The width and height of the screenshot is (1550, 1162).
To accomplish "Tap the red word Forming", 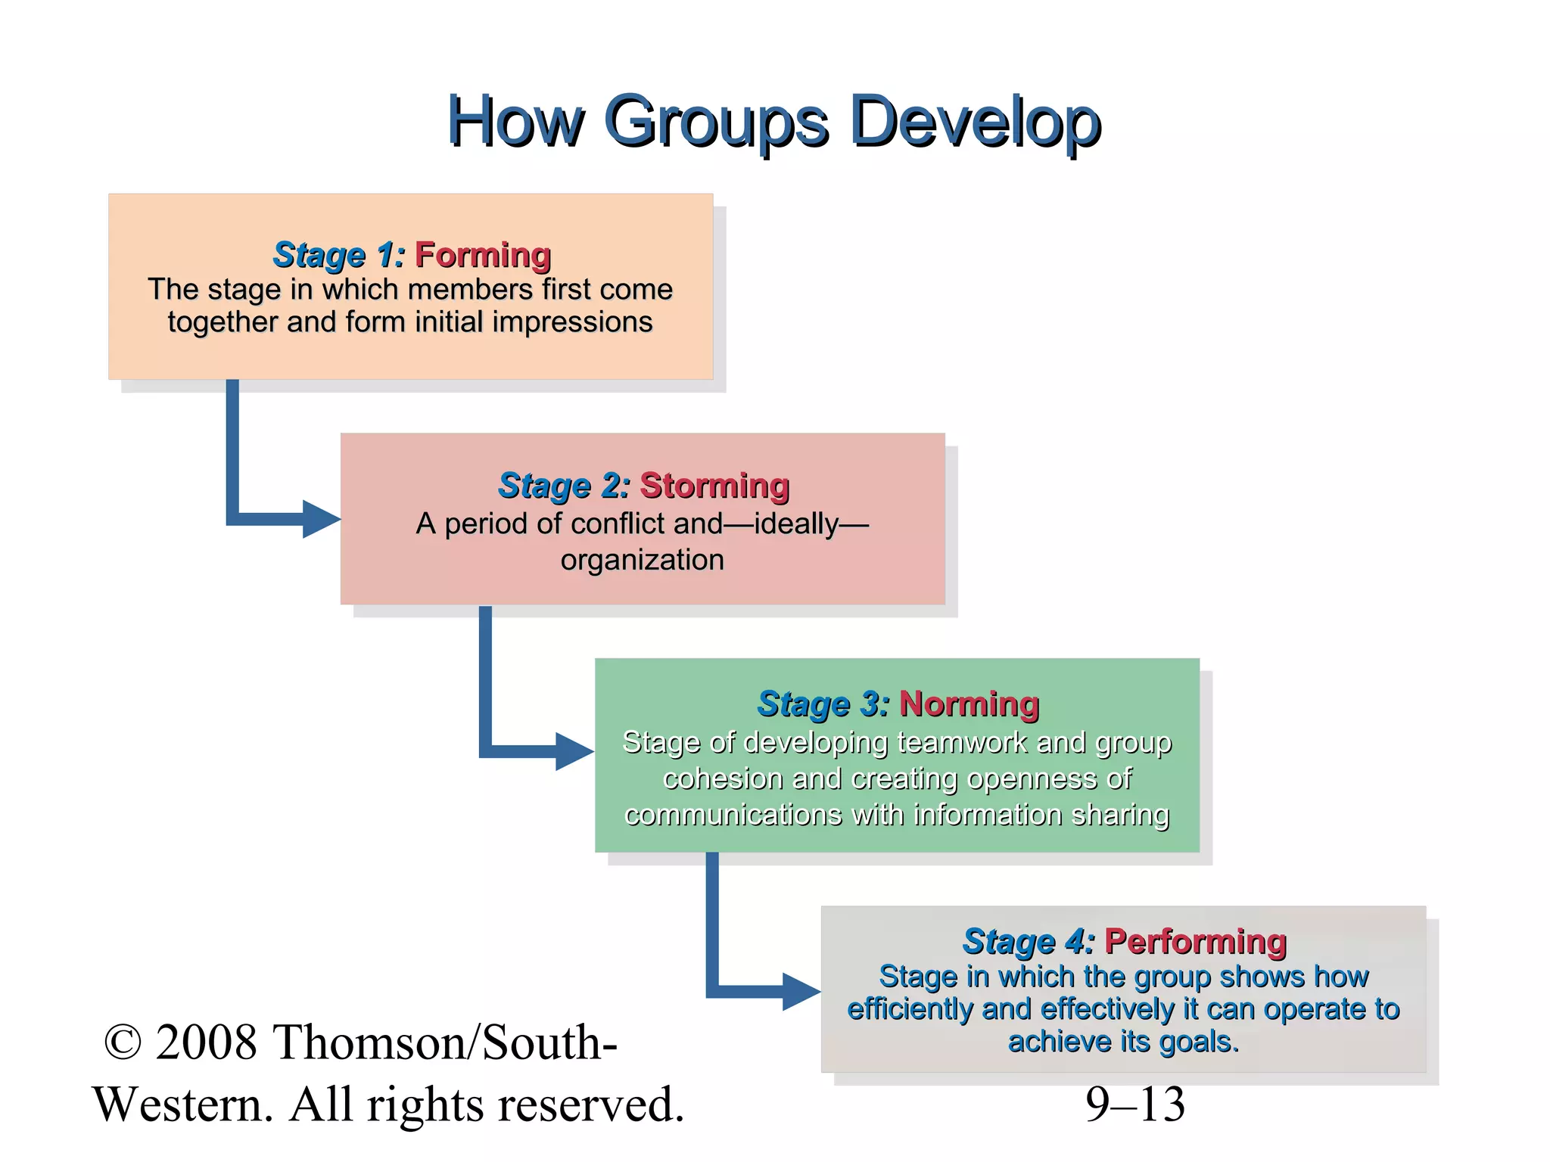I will pyautogui.click(x=483, y=256).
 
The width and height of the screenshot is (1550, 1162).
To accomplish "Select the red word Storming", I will pyautogui.click(x=714, y=486).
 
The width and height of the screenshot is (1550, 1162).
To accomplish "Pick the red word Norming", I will pyautogui.click(x=969, y=704).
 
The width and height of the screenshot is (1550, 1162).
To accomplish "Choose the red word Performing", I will pyautogui.click(x=1195, y=942).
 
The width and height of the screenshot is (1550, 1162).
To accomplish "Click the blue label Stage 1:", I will pyautogui.click(x=339, y=256).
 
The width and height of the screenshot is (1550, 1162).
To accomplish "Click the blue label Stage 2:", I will pyautogui.click(x=564, y=486).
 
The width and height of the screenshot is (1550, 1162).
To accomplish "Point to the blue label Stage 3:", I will pyautogui.click(x=823, y=704).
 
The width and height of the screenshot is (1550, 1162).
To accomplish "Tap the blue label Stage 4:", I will pyautogui.click(x=1029, y=942).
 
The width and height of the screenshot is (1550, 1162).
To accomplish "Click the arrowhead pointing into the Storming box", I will pyautogui.click(x=321, y=519).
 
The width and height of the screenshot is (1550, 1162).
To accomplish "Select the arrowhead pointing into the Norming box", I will pyautogui.click(x=574, y=751).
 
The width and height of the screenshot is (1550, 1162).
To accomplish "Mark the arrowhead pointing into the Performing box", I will pyautogui.click(x=801, y=991).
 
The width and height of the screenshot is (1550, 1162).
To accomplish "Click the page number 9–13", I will pyautogui.click(x=1134, y=1105).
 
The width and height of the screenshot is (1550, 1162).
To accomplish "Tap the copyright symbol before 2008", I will pyautogui.click(x=123, y=1042).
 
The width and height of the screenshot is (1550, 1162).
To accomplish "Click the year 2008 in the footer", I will pyautogui.click(x=206, y=1042).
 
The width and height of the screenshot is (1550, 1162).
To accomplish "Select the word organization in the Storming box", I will pyautogui.click(x=642, y=561).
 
